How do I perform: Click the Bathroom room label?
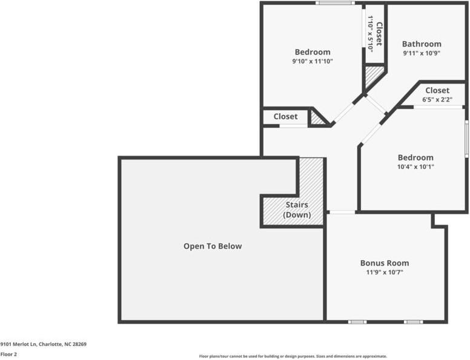tap(422, 44)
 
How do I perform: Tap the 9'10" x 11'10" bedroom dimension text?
tap(313, 61)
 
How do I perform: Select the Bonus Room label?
tap(384, 263)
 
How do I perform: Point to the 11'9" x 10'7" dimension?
tap(384, 273)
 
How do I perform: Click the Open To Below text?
tap(213, 246)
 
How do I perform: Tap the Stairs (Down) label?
tap(297, 210)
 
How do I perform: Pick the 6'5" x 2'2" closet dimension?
tap(437, 100)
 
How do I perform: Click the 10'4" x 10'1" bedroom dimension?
tap(415, 167)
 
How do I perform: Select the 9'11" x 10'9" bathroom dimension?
tap(422, 53)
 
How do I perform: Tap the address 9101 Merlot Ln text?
tap(43, 344)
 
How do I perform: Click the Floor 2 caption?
tap(8, 355)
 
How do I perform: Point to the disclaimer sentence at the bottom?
tap(293, 356)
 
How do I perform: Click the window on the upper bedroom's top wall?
tap(335, 3)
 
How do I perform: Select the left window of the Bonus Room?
tap(357, 322)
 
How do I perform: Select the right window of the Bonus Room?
tap(413, 322)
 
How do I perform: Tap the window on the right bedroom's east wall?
tap(466, 139)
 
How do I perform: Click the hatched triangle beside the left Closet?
tap(317, 119)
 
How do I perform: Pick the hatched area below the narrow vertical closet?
tap(372, 76)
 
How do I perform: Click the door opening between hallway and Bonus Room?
tap(342, 212)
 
